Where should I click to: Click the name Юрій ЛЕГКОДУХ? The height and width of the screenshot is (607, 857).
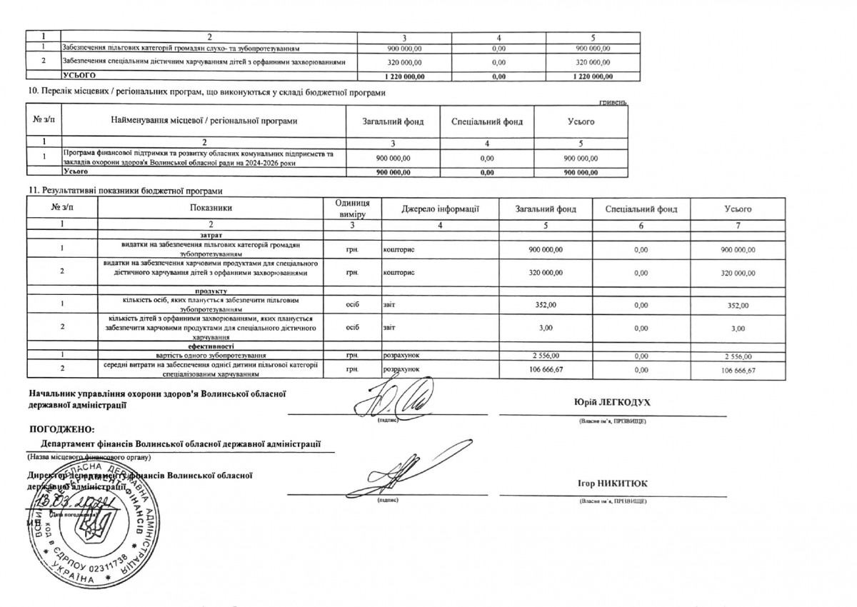pos(612,403)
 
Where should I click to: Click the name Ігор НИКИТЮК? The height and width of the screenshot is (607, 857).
pos(612,483)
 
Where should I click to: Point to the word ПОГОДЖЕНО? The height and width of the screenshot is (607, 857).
pos(61,428)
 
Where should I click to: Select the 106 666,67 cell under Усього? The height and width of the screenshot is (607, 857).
pos(738,370)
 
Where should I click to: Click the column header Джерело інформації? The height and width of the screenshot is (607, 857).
pos(440,209)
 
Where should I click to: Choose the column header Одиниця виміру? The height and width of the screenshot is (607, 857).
pos(352,209)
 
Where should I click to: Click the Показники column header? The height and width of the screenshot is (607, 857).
pos(211,209)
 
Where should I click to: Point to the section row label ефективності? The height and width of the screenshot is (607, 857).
pos(211,346)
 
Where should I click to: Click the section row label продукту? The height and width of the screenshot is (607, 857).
pos(211,291)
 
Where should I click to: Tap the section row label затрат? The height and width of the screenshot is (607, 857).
pos(211,235)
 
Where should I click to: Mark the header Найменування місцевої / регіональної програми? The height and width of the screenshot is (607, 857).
pos(203,121)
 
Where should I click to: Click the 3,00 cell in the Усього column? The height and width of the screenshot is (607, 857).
pos(738,328)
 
